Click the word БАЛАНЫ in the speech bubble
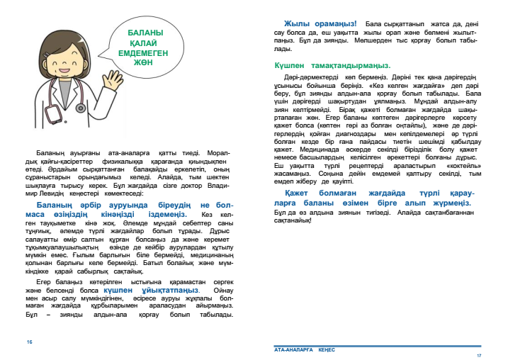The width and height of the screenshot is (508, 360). (x=145, y=33)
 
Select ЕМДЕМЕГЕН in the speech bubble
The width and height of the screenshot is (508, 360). (x=145, y=52)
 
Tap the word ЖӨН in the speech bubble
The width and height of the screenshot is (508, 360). (x=145, y=61)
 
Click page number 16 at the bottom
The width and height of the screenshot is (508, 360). (x=30, y=342)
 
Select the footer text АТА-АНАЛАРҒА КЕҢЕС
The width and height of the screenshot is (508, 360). (x=305, y=349)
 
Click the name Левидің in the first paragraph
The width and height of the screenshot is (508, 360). (x=60, y=192)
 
